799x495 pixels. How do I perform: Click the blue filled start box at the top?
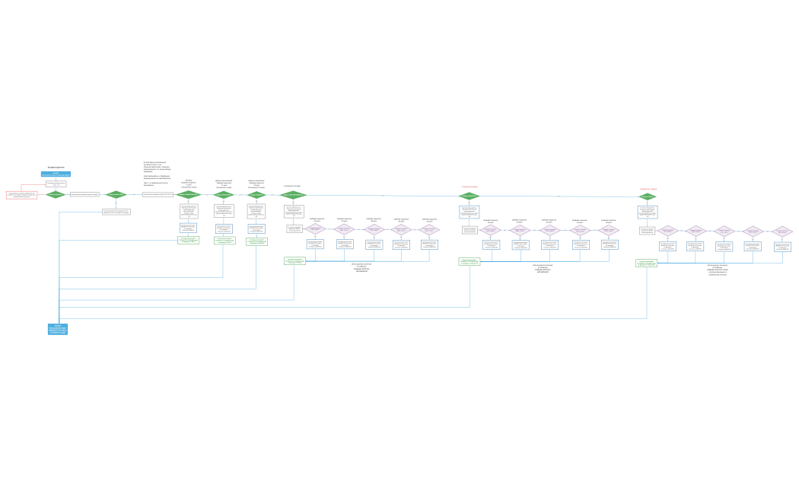tap(56, 174)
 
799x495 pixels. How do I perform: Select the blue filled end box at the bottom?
tap(58, 329)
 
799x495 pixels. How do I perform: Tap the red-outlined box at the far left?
tap(21, 195)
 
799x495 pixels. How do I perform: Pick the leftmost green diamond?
tap(56, 194)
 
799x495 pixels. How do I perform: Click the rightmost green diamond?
tap(647, 196)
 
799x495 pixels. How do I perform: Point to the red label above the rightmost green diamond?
tap(648, 188)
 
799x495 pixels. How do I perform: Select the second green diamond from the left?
tap(116, 194)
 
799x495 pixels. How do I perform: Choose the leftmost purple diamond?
tap(315, 228)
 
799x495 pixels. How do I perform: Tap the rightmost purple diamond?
tap(782, 231)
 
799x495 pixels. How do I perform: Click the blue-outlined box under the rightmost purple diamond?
tap(782, 247)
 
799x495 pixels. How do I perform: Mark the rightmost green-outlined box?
tap(646, 263)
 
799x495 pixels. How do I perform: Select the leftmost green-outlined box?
tap(188, 240)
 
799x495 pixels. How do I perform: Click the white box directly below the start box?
tap(56, 184)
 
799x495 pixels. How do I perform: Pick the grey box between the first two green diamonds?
tap(84, 194)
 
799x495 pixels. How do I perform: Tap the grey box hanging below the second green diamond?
tap(116, 212)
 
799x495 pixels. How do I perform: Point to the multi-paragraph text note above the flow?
tap(158, 173)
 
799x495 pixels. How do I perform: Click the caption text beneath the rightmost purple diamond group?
tap(717, 269)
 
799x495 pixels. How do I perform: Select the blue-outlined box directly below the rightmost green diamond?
tap(647, 212)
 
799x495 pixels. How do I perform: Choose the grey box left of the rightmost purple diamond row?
tap(647, 230)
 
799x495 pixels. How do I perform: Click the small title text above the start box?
tap(56, 167)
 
